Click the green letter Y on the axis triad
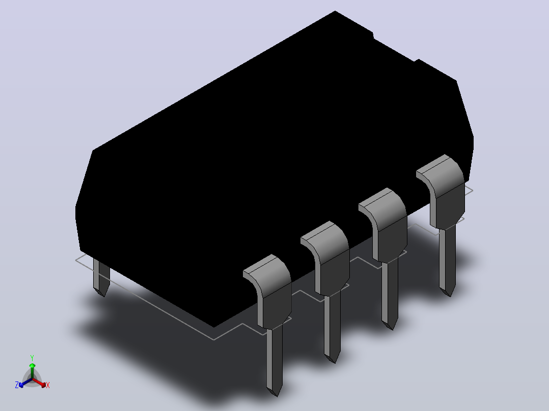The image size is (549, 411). (x=32, y=358)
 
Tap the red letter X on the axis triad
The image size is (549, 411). (x=48, y=385)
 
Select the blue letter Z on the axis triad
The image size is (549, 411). (x=17, y=385)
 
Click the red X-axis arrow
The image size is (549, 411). (x=39, y=383)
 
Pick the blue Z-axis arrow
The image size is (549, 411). (x=25, y=383)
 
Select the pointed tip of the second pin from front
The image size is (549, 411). (x=335, y=363)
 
